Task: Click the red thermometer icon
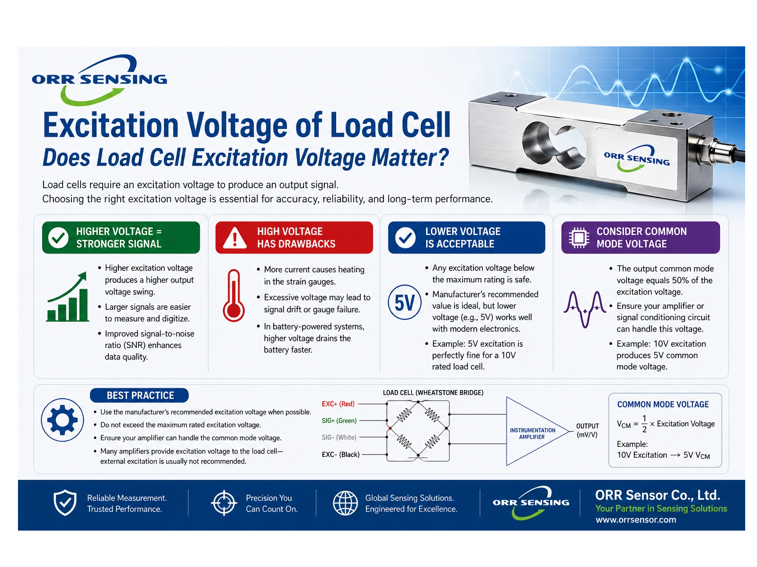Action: tap(233, 296)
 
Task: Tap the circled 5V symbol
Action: tap(404, 303)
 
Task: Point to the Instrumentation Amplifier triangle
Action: tap(533, 432)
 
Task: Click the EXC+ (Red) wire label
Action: tap(338, 404)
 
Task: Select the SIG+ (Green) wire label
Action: tap(339, 420)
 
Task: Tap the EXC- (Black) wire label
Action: tap(341, 454)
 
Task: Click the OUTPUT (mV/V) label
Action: tap(587, 430)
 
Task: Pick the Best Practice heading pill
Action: tap(140, 395)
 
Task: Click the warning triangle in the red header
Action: tap(234, 238)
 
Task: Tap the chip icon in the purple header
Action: tap(579, 237)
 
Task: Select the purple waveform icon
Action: tap(585, 309)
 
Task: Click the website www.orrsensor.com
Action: tap(635, 520)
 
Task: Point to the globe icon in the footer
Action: tap(345, 503)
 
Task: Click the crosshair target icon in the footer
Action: tap(223, 503)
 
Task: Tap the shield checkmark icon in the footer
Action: tap(65, 503)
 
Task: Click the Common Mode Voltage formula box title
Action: tap(663, 404)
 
